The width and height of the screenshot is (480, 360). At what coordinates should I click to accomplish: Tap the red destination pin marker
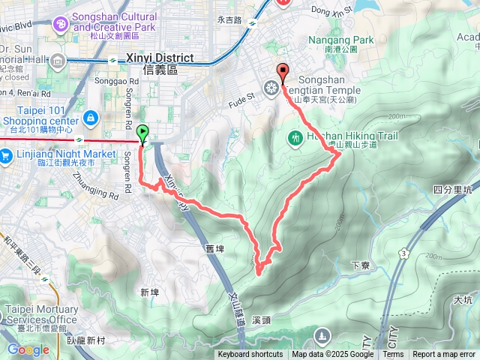point(283,73)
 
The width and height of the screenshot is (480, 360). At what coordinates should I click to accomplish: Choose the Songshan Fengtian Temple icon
point(271,85)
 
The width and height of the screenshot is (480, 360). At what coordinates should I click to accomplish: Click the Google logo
point(28,349)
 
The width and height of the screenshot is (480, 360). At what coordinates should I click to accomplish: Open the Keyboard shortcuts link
point(250,355)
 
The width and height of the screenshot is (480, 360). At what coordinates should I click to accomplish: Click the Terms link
point(393,355)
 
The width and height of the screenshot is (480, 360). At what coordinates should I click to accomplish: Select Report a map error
point(444,355)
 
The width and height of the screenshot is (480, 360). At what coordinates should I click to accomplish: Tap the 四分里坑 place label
point(454,190)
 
